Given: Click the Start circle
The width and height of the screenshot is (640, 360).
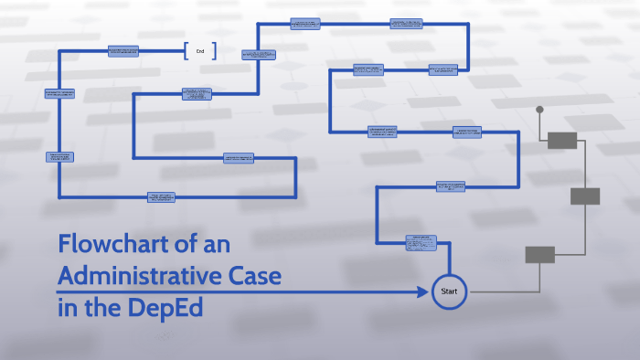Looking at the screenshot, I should (449, 291).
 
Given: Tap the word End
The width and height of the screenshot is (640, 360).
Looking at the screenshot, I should (200, 51).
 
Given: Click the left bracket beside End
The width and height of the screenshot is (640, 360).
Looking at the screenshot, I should (186, 51).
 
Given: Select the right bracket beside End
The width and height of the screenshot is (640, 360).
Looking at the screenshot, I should (216, 51).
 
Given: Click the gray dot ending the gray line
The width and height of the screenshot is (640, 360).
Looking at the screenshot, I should (539, 110).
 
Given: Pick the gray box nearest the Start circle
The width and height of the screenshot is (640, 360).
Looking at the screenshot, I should (539, 255).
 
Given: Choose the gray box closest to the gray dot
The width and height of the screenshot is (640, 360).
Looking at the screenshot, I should (562, 140).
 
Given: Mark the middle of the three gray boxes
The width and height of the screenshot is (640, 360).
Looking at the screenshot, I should (585, 196).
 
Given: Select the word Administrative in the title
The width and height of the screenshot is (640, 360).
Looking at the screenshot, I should (137, 276).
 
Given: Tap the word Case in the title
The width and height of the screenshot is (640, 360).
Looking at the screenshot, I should (253, 276).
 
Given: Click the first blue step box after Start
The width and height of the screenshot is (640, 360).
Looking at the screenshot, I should (421, 242).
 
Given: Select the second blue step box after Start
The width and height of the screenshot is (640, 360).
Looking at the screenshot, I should (451, 187).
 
